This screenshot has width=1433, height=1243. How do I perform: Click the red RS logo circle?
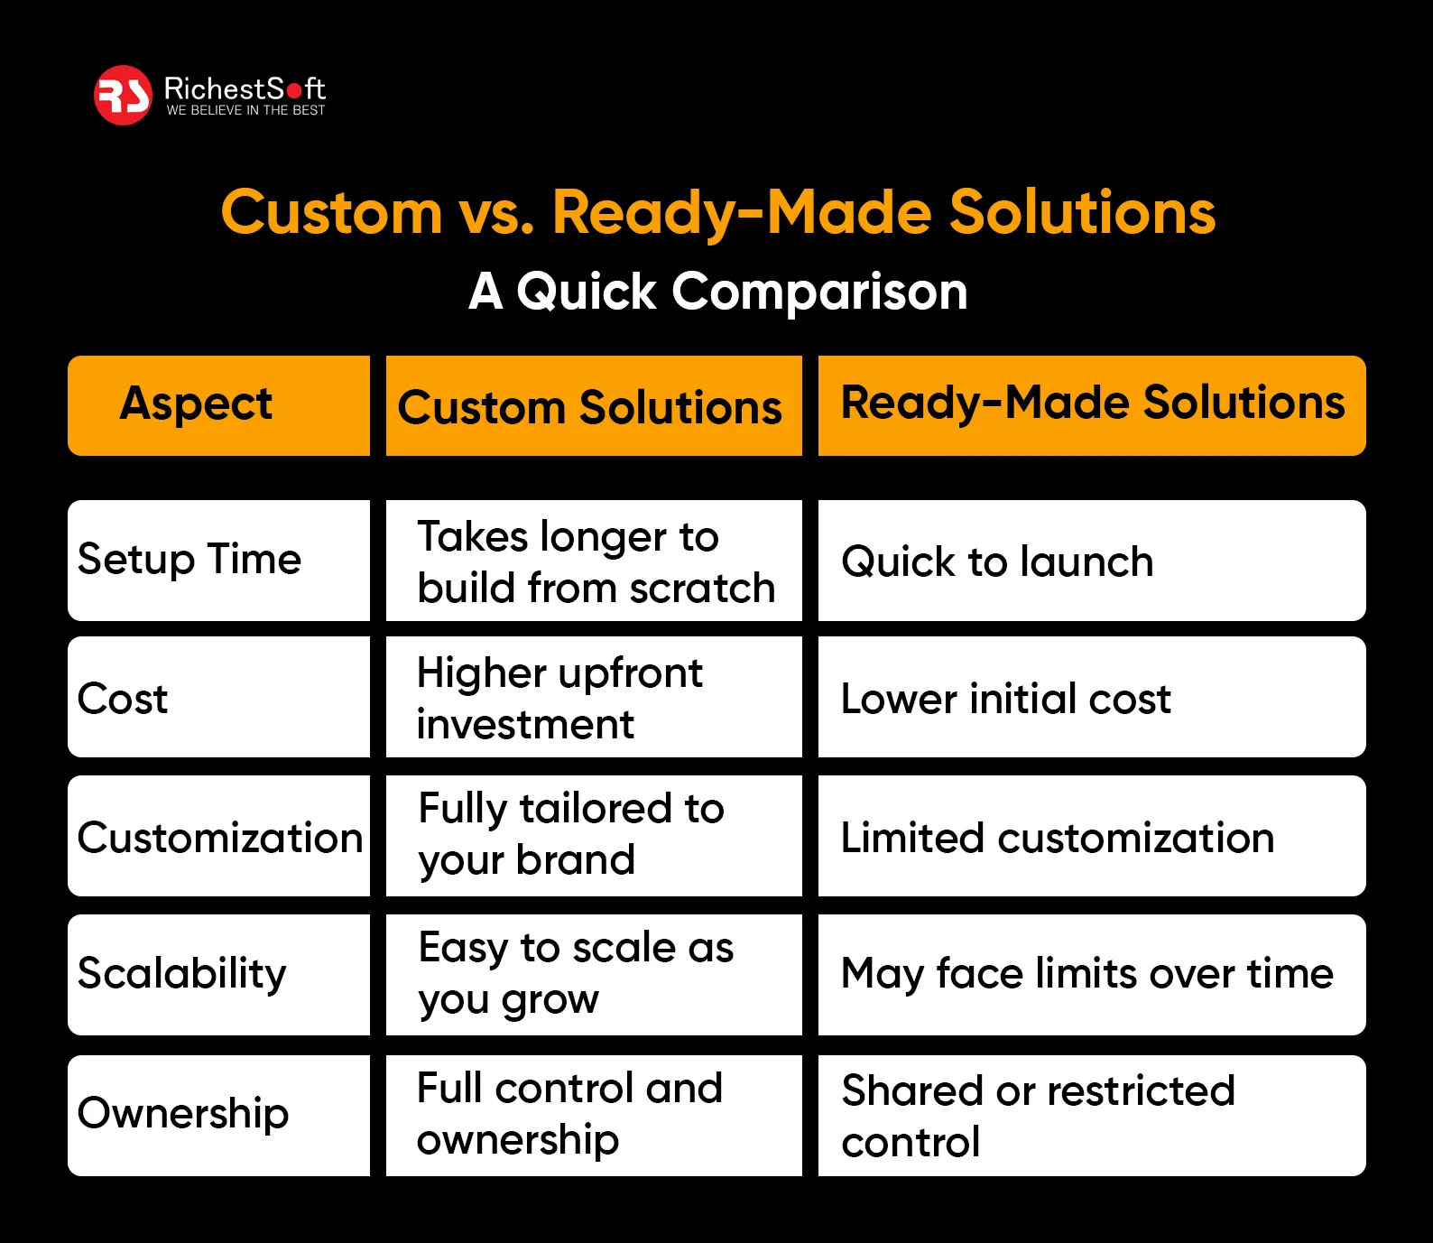click(123, 95)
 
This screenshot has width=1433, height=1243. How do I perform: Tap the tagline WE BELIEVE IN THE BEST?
click(245, 110)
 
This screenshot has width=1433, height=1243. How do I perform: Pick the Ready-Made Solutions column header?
click(1092, 404)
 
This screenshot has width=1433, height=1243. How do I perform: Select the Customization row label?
click(219, 837)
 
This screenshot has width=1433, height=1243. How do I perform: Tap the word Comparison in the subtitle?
click(818, 292)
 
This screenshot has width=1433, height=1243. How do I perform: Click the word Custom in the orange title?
click(331, 213)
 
